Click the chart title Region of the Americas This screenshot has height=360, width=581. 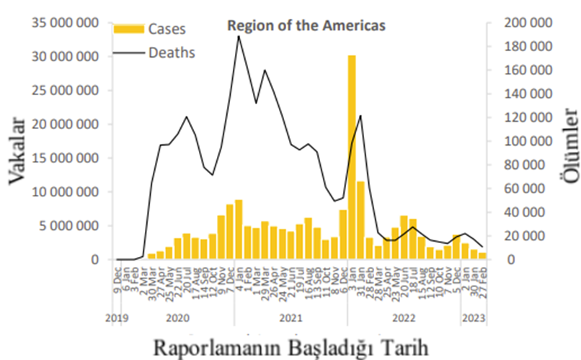pyautogui.click(x=306, y=25)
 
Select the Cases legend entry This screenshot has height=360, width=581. pyautogui.click(x=167, y=30)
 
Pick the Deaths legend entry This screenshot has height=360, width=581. pyautogui.click(x=172, y=52)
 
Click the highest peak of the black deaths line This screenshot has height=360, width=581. pyautogui.click(x=239, y=36)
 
